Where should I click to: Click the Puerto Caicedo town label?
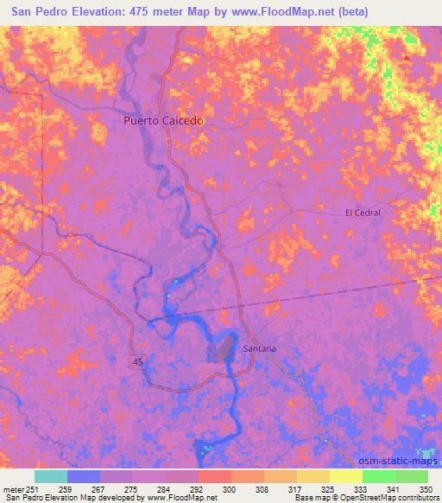pos(163,122)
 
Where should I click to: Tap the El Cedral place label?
pos(363,212)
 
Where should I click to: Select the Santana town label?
pos(260,348)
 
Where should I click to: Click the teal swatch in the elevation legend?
pos(50,476)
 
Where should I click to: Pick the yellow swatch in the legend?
pos(345,476)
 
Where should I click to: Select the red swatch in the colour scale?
pos(214,476)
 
